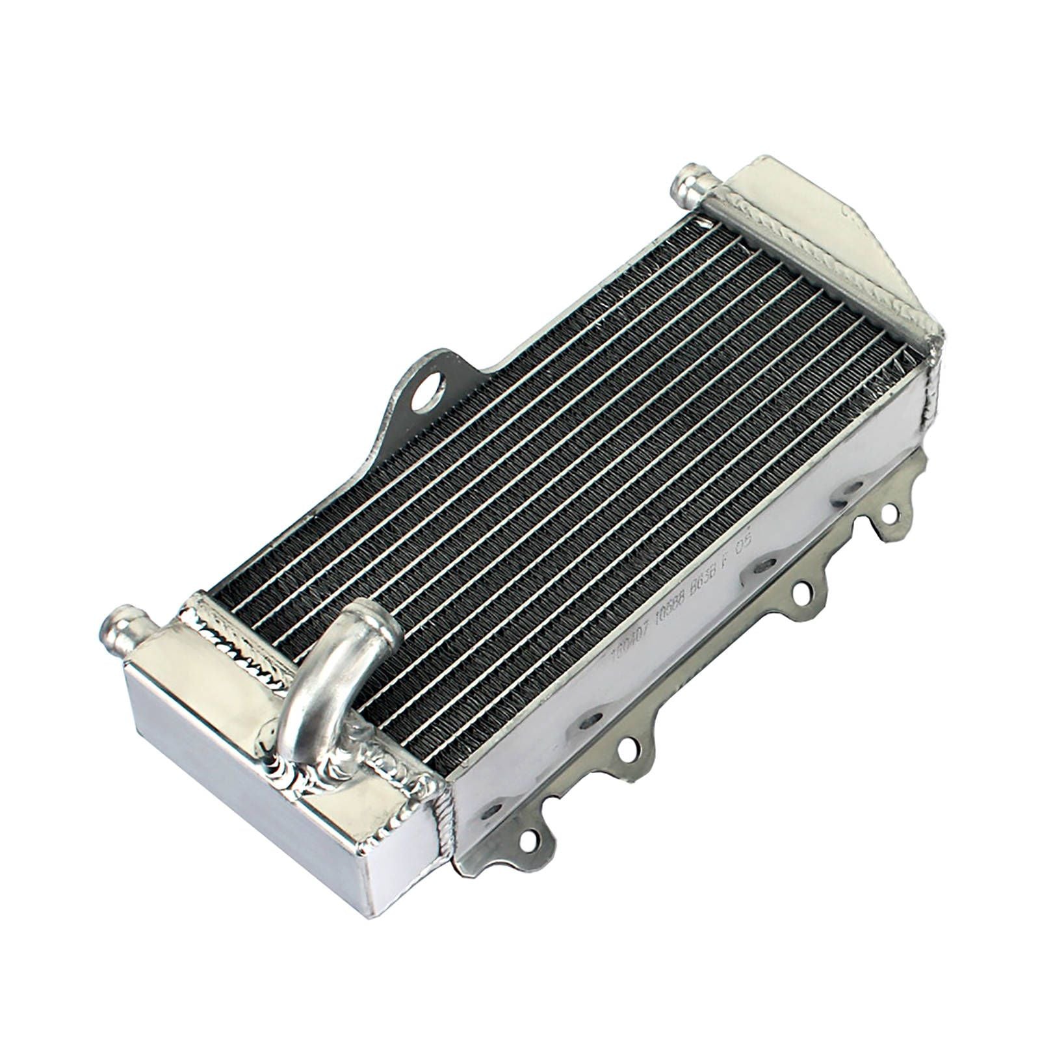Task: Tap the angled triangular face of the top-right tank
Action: coord(871,260)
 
